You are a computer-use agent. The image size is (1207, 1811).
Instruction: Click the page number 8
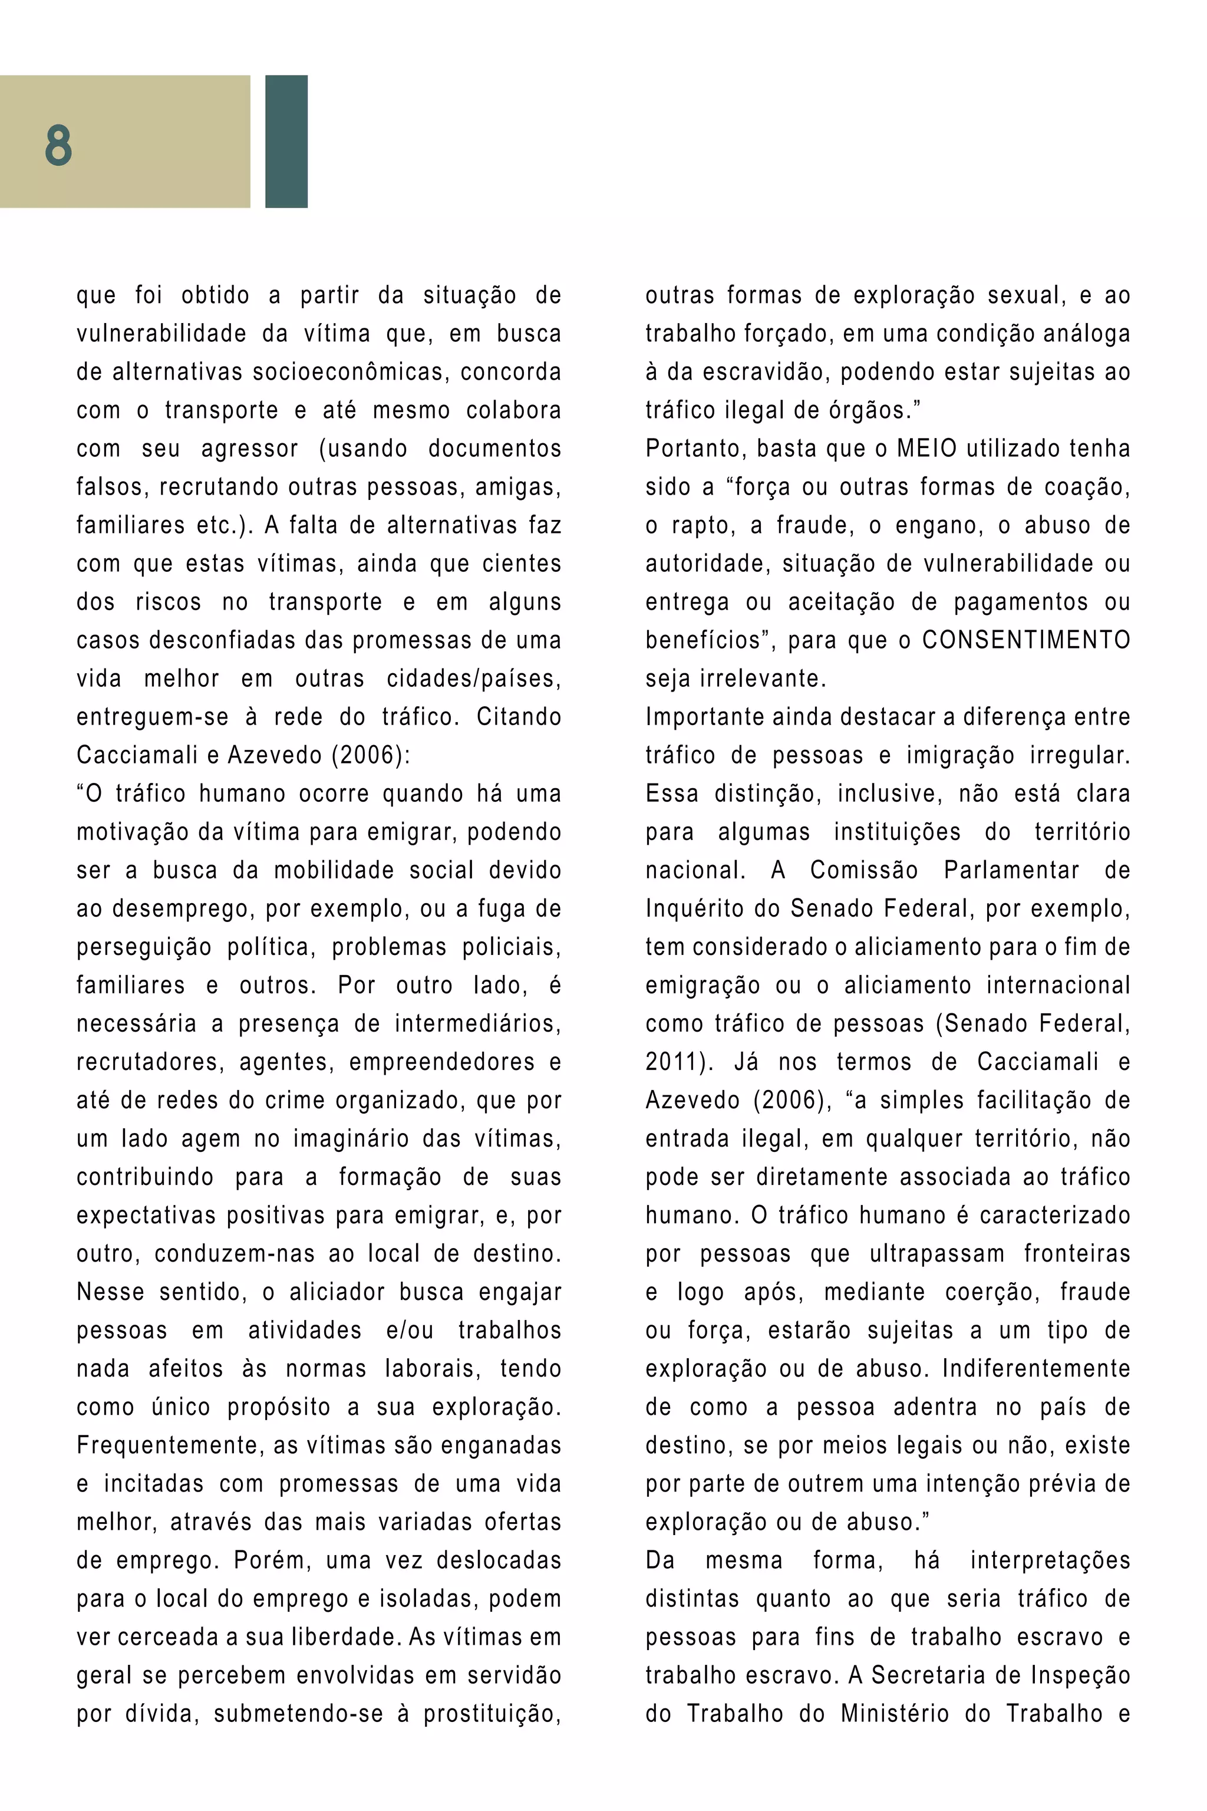[x=58, y=146]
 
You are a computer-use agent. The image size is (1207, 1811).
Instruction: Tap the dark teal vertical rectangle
[x=286, y=141]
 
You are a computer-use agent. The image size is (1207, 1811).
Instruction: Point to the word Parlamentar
[x=1011, y=871]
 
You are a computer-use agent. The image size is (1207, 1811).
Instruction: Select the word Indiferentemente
[x=1035, y=1369]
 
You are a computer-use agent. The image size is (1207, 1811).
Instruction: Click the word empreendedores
[x=442, y=1062]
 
